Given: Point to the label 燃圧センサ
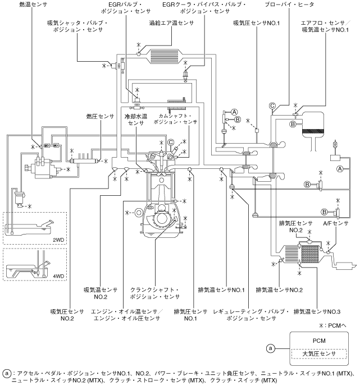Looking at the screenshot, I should pyautogui.click(x=100, y=117).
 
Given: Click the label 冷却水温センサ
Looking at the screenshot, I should pyautogui.click(x=135, y=121).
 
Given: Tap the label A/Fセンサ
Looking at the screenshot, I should pyautogui.click(x=338, y=223).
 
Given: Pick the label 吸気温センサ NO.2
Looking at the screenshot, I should pyautogui.click(x=100, y=293).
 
